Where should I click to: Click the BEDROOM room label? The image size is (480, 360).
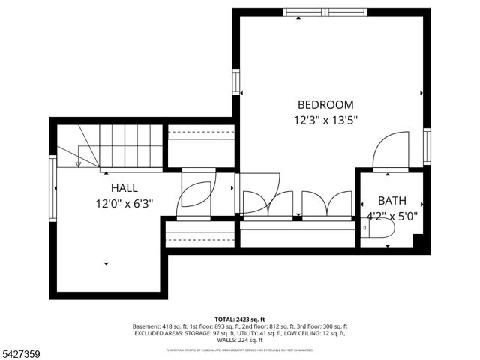(x=325, y=105)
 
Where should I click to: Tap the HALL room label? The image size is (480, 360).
(x=124, y=187)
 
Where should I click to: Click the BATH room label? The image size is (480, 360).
(x=391, y=201)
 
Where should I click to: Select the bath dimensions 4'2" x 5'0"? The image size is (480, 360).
(x=391, y=216)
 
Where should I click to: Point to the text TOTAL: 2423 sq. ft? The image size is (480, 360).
(x=240, y=319)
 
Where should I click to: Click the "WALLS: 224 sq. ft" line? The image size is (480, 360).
(x=240, y=340)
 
